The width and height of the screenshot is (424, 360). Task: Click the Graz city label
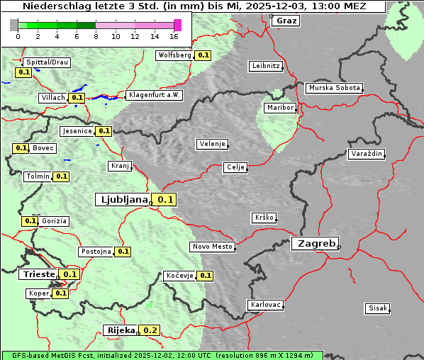pyautogui.click(x=286, y=21)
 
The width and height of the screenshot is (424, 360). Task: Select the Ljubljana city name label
pyautogui.click(x=122, y=200)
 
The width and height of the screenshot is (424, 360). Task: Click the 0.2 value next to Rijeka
pyautogui.click(x=150, y=330)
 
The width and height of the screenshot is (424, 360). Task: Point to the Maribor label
pyautogui.click(x=279, y=108)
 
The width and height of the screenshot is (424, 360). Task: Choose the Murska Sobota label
pyautogui.click(x=334, y=88)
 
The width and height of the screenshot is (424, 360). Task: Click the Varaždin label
pyautogui.click(x=366, y=154)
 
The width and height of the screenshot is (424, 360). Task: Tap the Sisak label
pyautogui.click(x=376, y=308)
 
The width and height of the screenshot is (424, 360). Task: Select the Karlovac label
pyautogui.click(x=265, y=305)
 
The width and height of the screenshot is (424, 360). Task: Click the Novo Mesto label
pyautogui.click(x=212, y=247)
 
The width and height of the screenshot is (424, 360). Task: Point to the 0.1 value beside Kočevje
pyautogui.click(x=205, y=275)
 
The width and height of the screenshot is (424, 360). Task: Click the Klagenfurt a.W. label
pyautogui.click(x=154, y=95)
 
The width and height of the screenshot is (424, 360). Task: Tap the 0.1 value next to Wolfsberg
pyautogui.click(x=203, y=55)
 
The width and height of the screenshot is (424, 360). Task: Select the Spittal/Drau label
pyautogui.click(x=47, y=62)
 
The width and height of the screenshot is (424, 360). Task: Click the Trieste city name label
pyautogui.click(x=38, y=274)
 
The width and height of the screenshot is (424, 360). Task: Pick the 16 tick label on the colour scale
pyautogui.click(x=174, y=36)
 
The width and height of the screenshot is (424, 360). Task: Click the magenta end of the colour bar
pyautogui.click(x=177, y=25)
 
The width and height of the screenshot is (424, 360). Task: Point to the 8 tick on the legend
pyautogui.click(x=96, y=36)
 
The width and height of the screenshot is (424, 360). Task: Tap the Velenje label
pyautogui.click(x=212, y=144)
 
